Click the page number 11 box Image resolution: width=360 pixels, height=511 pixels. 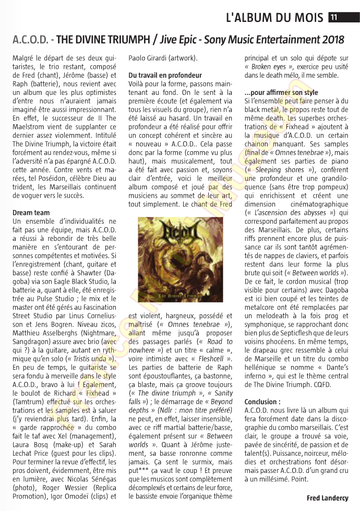click(x=333, y=17)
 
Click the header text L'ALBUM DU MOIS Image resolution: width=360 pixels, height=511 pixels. click(x=274, y=17)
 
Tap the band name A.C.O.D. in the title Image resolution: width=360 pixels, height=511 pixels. click(x=30, y=40)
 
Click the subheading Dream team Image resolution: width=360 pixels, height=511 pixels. click(x=31, y=213)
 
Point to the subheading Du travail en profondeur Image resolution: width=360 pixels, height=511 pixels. click(x=165, y=75)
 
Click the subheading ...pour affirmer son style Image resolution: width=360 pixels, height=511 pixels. click(x=281, y=92)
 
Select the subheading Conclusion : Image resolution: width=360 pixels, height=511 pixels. click(x=262, y=402)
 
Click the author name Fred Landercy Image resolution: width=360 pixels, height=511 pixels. click(x=327, y=498)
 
